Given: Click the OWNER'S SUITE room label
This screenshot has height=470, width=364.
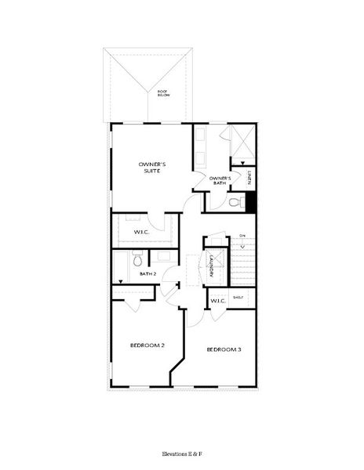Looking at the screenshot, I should click(x=151, y=167).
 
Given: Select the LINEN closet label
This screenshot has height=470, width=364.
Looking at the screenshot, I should click(x=249, y=178).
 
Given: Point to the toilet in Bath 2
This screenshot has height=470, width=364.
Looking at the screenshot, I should click(x=136, y=258).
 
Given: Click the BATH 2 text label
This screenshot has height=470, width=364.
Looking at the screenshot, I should click(x=149, y=273).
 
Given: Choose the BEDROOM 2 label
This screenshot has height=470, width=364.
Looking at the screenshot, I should click(x=147, y=345).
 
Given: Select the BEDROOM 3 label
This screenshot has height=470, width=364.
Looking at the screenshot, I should click(x=224, y=349).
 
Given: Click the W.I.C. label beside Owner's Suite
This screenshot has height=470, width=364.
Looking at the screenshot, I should click(x=142, y=232).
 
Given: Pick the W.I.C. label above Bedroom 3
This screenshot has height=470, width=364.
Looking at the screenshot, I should click(x=218, y=299).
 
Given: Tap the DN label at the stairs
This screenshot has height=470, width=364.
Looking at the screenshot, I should click(x=242, y=236).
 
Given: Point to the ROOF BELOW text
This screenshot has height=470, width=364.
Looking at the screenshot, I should click(x=162, y=93).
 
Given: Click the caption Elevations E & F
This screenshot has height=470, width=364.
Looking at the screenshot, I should click(x=181, y=454).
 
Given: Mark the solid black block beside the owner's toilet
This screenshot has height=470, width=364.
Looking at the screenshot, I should click(x=252, y=201).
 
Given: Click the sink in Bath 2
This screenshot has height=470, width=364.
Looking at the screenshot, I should click(x=163, y=255).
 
